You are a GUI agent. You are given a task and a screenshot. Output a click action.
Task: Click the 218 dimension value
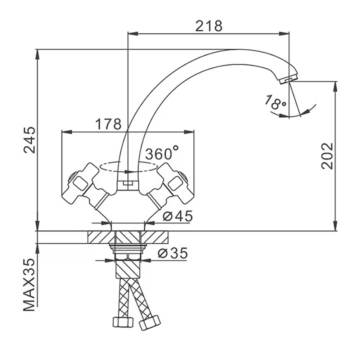[x=209, y=26]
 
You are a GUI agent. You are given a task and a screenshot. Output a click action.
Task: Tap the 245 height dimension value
[x=30, y=140]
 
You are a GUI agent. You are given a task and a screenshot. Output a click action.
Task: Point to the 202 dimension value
[x=327, y=156]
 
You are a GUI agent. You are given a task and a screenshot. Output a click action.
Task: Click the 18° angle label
[x=275, y=103]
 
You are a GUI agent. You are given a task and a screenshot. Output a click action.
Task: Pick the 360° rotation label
[x=162, y=153]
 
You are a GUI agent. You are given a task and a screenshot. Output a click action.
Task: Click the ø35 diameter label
[x=173, y=253]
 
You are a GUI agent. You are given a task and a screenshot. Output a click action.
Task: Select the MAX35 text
[x=30, y=285]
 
